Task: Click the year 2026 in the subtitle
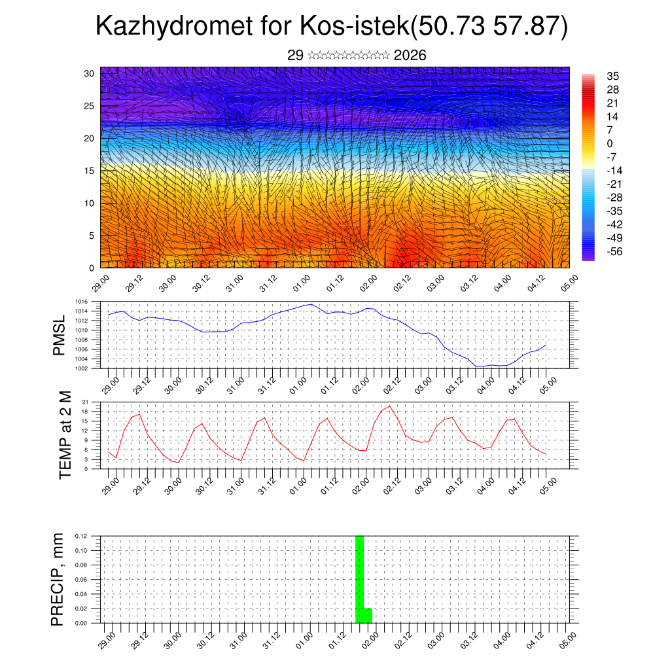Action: (x=410, y=56)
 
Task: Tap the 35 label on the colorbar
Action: (x=613, y=77)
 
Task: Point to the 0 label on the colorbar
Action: (x=610, y=143)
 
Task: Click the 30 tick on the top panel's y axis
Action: (x=89, y=73)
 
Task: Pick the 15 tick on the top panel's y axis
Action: (x=89, y=171)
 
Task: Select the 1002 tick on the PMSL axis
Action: (x=82, y=368)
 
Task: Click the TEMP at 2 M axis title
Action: (x=65, y=435)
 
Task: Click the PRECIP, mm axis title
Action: (x=59, y=579)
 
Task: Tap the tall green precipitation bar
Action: (x=359, y=576)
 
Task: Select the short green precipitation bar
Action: (x=368, y=616)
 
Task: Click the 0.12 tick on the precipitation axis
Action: (x=81, y=536)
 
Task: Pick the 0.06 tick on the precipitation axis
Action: (x=81, y=580)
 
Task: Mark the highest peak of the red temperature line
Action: (x=390, y=406)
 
